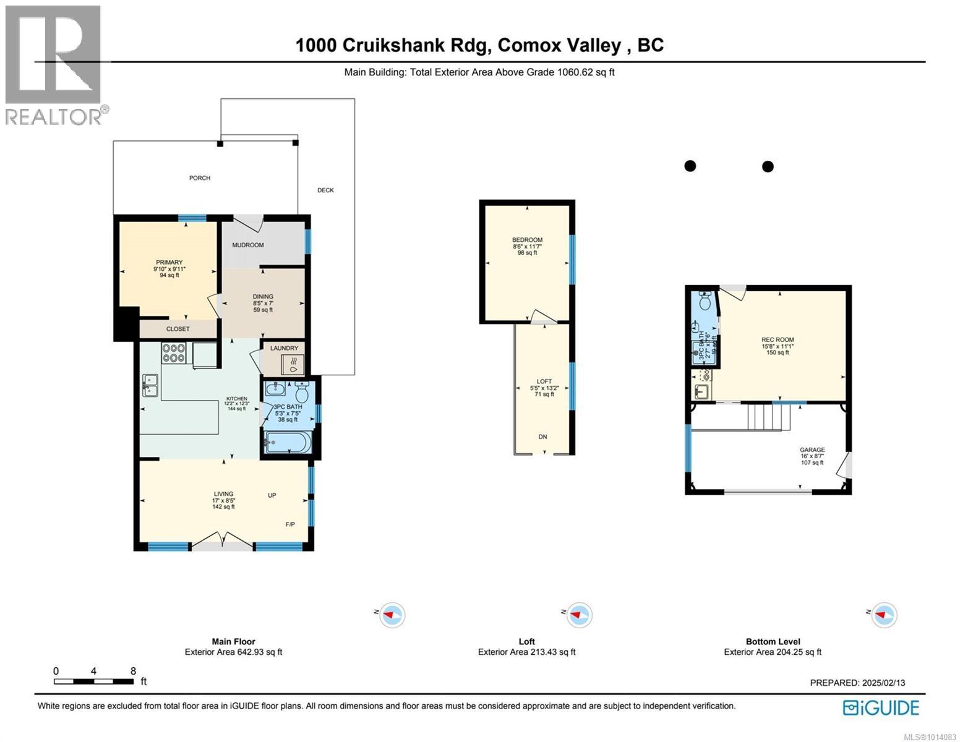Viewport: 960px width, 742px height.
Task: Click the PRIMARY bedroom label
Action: (x=169, y=262)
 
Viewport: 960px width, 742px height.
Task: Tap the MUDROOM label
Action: (x=247, y=245)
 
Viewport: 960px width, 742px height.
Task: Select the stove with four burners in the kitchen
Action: (x=174, y=352)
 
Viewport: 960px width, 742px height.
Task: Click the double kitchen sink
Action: (x=150, y=385)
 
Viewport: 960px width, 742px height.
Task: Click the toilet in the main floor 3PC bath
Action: (x=302, y=393)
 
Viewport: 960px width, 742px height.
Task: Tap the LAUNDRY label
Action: (x=284, y=348)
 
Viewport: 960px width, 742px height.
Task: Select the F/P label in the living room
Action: (x=290, y=524)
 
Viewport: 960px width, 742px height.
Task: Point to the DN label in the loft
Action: (x=542, y=437)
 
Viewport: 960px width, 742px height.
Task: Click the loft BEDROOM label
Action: (x=527, y=240)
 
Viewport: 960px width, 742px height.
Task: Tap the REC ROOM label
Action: (x=778, y=339)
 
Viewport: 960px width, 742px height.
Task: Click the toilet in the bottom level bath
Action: (x=704, y=302)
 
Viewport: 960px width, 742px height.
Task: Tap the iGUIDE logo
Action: (x=881, y=707)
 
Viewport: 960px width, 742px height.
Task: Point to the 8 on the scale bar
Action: (x=133, y=671)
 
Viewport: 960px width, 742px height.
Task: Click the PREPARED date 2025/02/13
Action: (x=857, y=683)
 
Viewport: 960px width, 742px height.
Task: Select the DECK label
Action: (x=325, y=190)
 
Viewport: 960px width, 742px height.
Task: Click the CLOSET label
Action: (x=178, y=329)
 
